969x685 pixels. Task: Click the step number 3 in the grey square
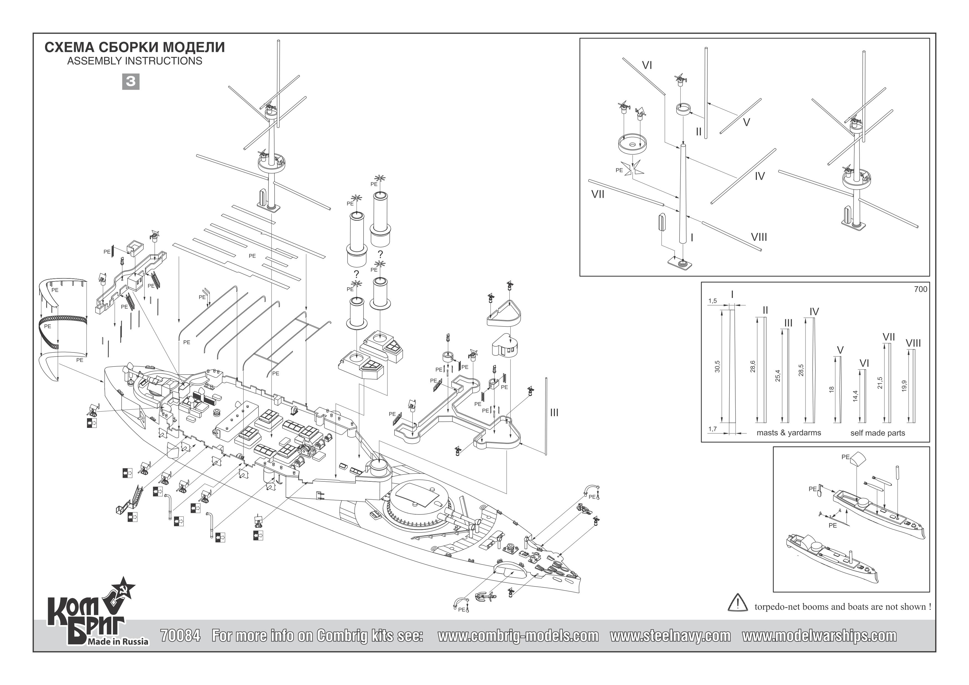click(130, 81)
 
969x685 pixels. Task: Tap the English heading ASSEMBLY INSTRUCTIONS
click(135, 61)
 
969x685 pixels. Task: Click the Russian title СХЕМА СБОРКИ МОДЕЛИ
click(135, 47)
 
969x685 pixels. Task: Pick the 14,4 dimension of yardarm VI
click(855, 396)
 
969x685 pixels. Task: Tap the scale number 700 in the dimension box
click(920, 289)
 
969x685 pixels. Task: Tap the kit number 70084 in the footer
click(181, 636)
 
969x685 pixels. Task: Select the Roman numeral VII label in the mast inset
click(597, 194)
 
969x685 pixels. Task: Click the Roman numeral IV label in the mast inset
click(760, 176)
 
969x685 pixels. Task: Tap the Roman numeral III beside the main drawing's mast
click(554, 413)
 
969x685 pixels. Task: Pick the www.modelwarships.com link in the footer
click(819, 636)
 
